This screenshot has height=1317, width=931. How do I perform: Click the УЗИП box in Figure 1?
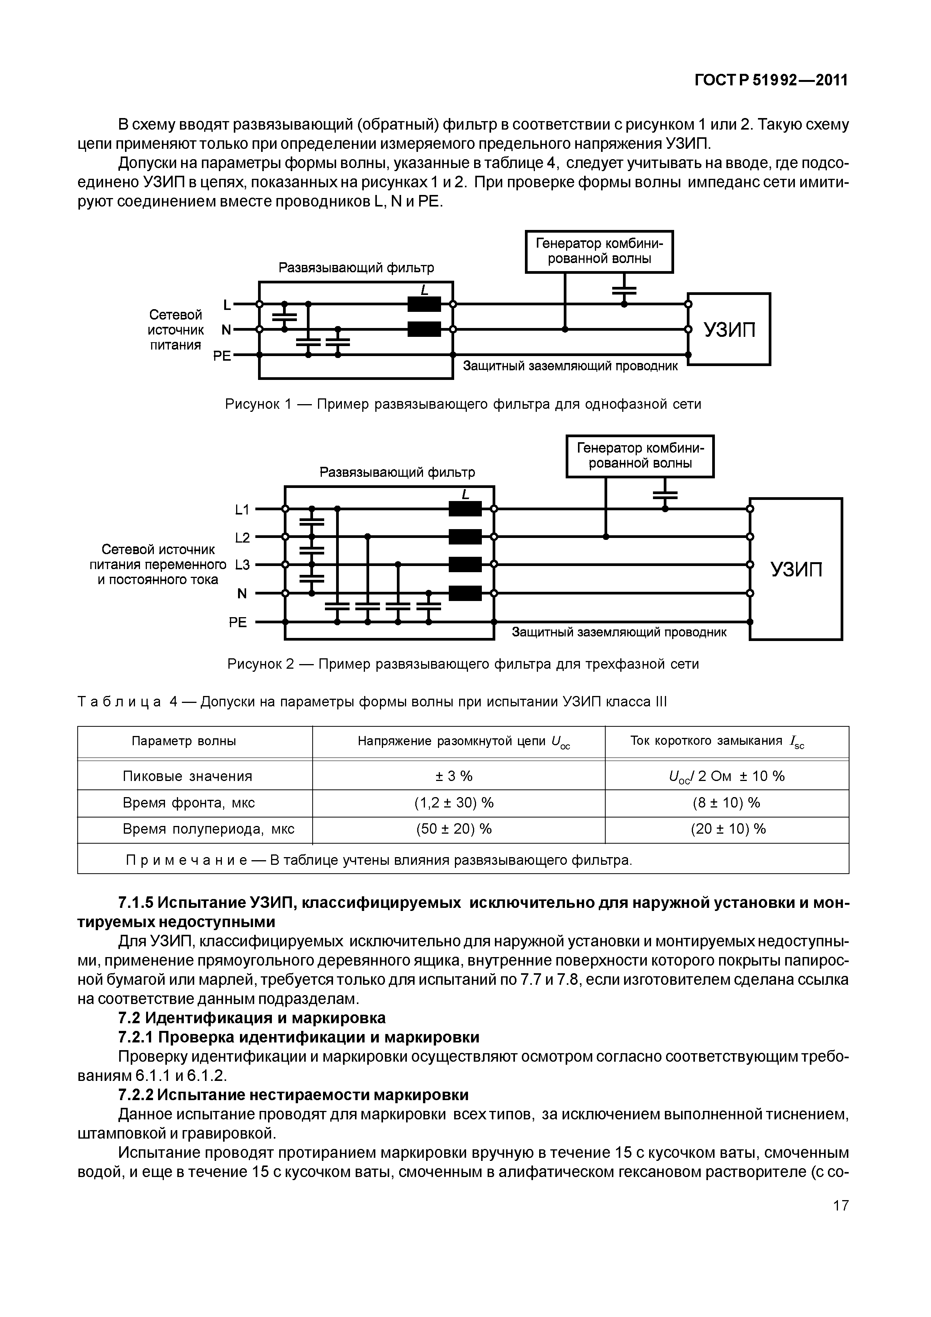(x=729, y=329)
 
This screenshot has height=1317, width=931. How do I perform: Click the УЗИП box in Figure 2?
(x=796, y=569)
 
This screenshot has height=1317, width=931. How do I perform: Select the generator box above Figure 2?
(x=640, y=456)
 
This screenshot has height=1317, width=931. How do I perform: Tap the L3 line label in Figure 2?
(x=243, y=565)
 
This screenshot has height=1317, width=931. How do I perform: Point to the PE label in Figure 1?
(x=222, y=356)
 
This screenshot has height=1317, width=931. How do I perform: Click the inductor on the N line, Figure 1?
(x=424, y=329)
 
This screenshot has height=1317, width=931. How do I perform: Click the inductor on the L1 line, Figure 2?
(x=465, y=509)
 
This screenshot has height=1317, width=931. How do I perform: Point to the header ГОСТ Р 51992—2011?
(x=770, y=81)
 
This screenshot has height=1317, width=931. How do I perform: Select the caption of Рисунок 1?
(x=462, y=405)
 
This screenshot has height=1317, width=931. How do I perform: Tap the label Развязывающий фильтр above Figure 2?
(x=397, y=473)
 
